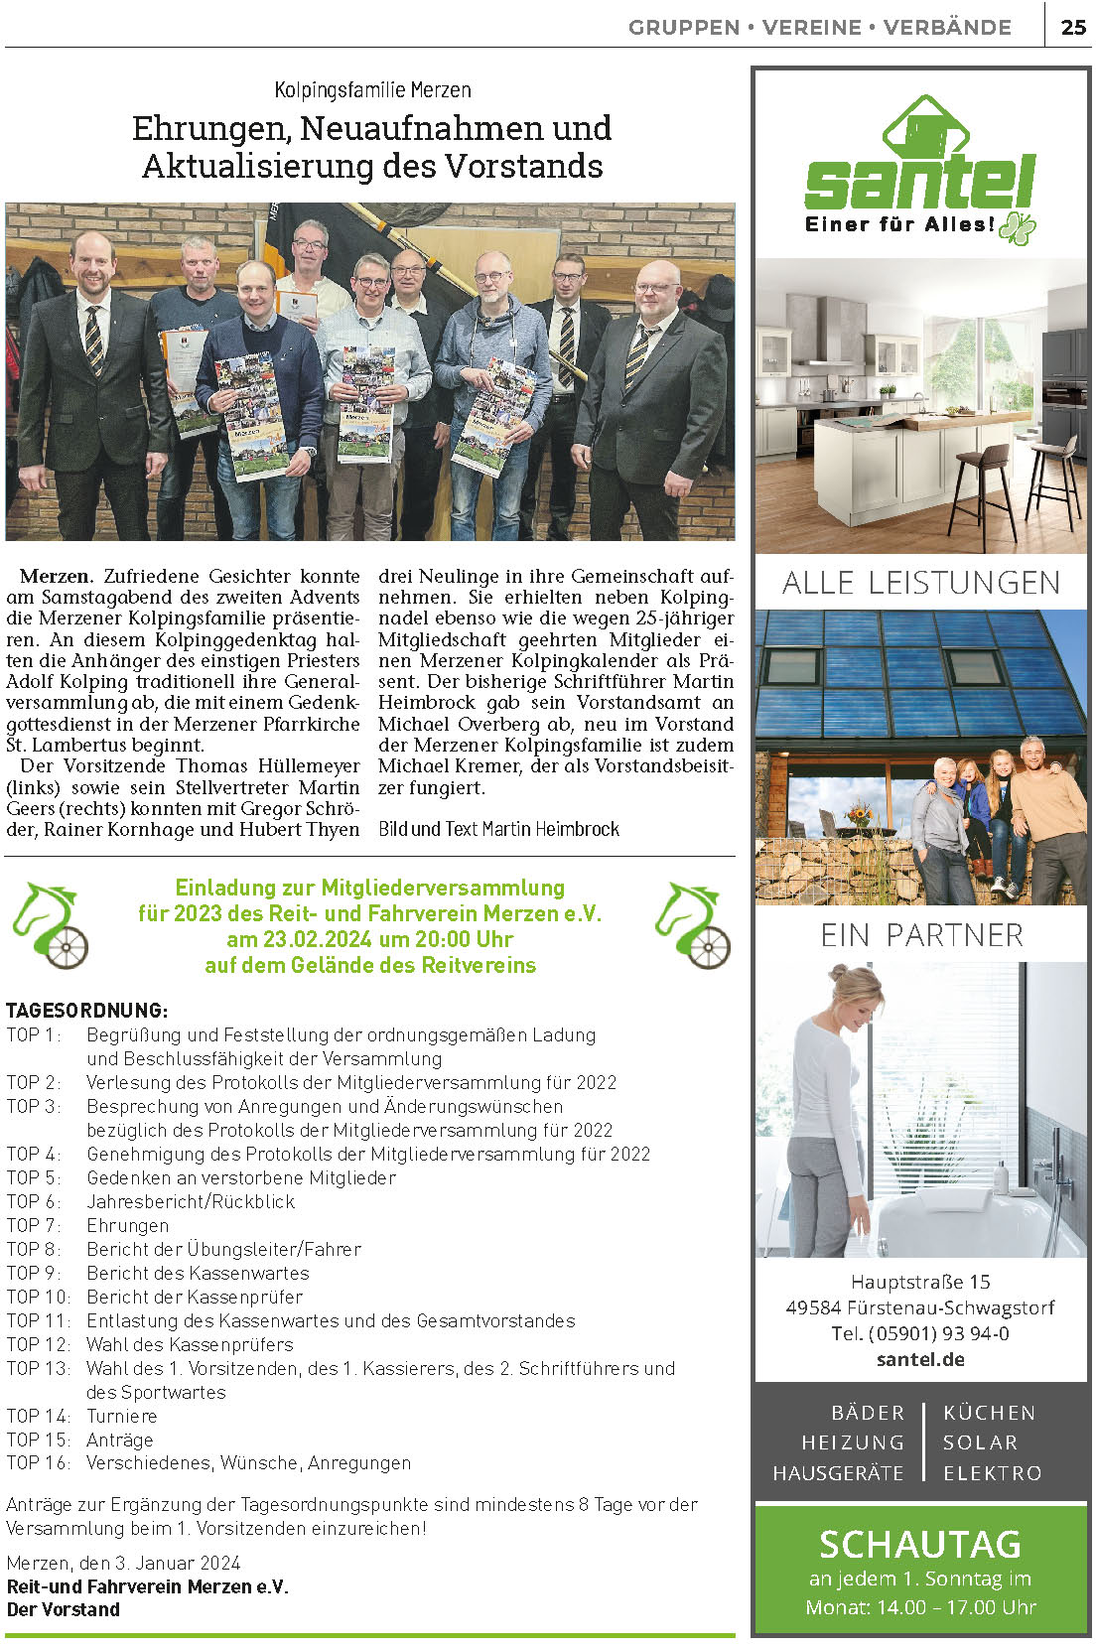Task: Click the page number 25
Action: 1073,27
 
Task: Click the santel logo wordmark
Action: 919,182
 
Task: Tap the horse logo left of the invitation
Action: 51,924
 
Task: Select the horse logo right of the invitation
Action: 693,924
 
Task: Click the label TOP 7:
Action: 33,1225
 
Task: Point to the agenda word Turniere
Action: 121,1416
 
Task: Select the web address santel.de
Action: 920,1359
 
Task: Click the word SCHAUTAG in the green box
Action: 919,1544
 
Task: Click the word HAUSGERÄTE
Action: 838,1473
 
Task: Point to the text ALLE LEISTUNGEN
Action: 920,583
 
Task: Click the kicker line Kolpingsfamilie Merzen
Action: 372,90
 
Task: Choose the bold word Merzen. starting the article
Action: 57,576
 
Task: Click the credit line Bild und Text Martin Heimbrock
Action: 498,829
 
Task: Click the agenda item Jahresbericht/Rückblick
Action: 191,1201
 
